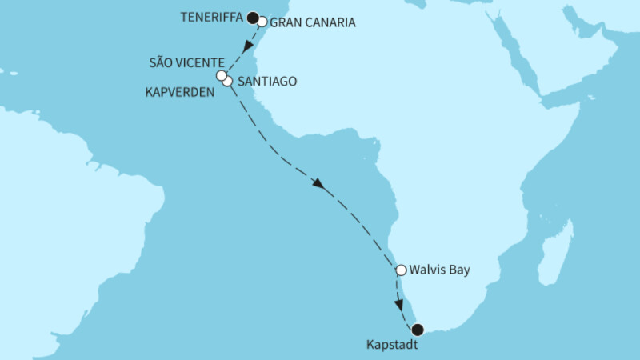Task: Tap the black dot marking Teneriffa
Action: click(x=252, y=16)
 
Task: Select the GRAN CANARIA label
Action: click(x=313, y=22)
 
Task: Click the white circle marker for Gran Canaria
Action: click(x=262, y=22)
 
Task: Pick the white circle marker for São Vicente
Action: click(x=222, y=76)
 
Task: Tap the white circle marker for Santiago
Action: click(x=228, y=81)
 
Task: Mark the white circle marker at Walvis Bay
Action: click(x=402, y=270)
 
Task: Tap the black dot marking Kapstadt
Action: click(x=417, y=329)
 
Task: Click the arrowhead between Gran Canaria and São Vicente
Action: click(x=246, y=46)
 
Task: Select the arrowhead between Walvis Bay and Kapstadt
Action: click(x=399, y=303)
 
